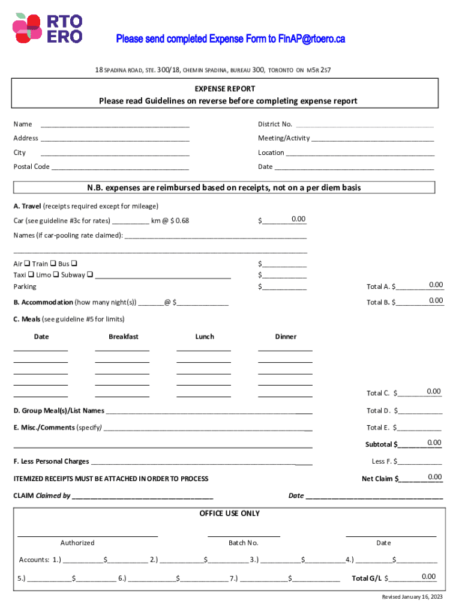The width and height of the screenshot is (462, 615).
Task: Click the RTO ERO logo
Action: [47, 28]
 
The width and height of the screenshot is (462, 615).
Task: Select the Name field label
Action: [23, 124]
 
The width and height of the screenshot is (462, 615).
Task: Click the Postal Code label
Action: [31, 167]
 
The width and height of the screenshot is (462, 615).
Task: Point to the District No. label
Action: [275, 124]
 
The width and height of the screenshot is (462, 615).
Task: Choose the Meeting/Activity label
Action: [284, 138]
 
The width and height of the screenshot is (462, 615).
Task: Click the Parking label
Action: [25, 287]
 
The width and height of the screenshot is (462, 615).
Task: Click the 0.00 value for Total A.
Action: [436, 285]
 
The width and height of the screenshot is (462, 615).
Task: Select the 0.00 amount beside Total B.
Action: [436, 300]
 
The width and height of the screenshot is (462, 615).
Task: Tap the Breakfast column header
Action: [124, 337]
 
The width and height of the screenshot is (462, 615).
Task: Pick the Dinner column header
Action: [286, 337]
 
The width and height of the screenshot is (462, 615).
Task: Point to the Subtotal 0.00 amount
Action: [434, 443]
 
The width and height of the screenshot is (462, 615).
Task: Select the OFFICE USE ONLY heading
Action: [230, 514]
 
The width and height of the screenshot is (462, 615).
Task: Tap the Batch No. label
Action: [244, 543]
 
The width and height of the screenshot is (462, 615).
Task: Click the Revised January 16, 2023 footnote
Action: [412, 597]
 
